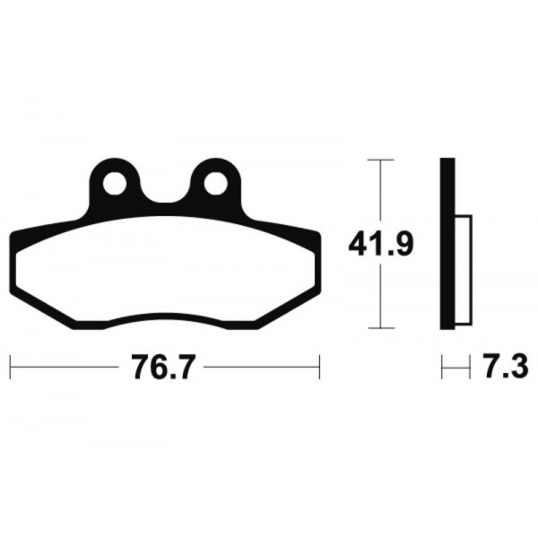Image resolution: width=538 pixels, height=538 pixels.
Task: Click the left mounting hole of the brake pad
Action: (x=115, y=183)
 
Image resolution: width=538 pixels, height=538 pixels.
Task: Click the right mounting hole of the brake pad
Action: (x=216, y=183)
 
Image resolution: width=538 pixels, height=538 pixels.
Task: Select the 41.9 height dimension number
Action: (x=381, y=244)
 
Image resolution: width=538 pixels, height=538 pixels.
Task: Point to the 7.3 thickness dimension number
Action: (x=507, y=367)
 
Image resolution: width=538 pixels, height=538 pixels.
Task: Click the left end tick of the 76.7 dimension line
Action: (x=10, y=367)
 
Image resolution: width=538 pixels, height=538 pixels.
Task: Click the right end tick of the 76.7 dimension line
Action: (x=320, y=367)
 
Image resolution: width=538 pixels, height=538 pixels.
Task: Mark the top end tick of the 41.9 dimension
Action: (x=380, y=160)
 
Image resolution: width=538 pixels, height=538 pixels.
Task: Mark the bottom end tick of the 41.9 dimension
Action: (x=381, y=328)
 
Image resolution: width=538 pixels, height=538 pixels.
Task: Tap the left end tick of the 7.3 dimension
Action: (x=441, y=367)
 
